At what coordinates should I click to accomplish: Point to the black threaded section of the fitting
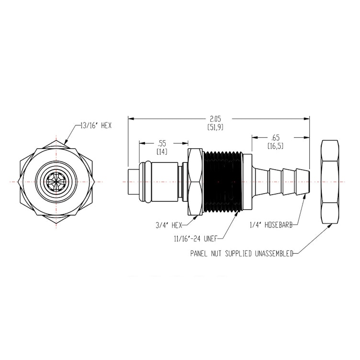(224, 181)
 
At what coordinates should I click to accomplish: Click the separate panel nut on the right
(330, 182)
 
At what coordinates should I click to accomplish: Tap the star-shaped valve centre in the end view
(56, 182)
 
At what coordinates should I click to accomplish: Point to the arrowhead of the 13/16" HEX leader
(66, 142)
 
